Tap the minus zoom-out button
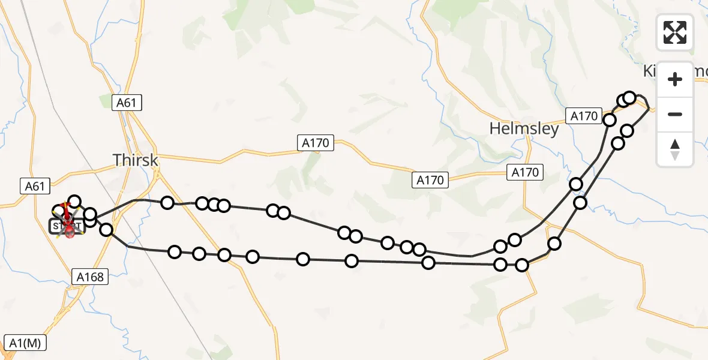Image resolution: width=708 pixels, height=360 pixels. pos(675,114)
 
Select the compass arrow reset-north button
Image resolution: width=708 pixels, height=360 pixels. pos(675,149)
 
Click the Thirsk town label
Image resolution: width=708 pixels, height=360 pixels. pos(136,160)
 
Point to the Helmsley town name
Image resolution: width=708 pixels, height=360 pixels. pos(524,128)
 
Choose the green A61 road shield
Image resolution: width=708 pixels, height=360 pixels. pos(127,103)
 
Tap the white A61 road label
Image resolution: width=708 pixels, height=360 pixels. pos(35,187)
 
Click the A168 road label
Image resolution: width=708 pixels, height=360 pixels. pos(90,277)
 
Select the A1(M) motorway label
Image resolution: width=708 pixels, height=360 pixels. pos(24,343)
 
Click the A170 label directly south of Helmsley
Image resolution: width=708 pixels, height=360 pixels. pos(525,173)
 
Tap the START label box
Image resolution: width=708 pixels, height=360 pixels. pos(59,226)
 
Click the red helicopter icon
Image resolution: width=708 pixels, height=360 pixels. pos(70,228)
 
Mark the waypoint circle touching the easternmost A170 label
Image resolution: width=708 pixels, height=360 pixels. pos(610,120)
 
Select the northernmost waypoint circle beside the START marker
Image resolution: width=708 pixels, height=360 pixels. pos(74,202)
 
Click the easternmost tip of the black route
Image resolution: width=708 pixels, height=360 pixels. pos(650,108)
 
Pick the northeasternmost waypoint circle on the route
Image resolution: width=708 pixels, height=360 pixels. pos(629,97)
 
